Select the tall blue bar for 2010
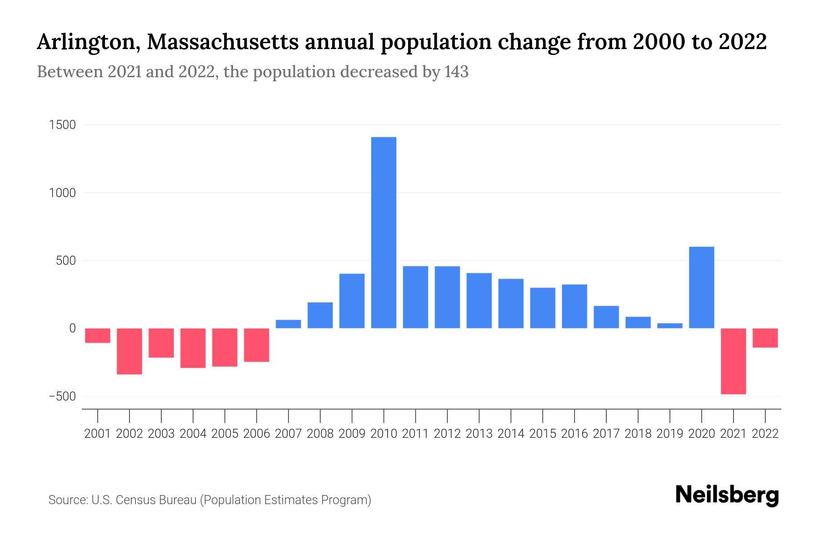(x=384, y=233)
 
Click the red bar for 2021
(x=733, y=361)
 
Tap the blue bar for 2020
(x=702, y=287)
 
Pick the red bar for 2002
(x=130, y=351)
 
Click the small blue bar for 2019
(x=670, y=325)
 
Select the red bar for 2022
(x=765, y=338)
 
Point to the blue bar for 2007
(x=288, y=324)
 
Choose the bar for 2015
(x=543, y=308)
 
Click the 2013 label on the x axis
(x=479, y=434)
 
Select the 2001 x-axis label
(x=98, y=434)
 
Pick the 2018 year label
(x=638, y=434)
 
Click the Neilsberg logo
(x=727, y=495)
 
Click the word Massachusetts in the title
(x=223, y=42)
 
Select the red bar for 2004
(x=193, y=348)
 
